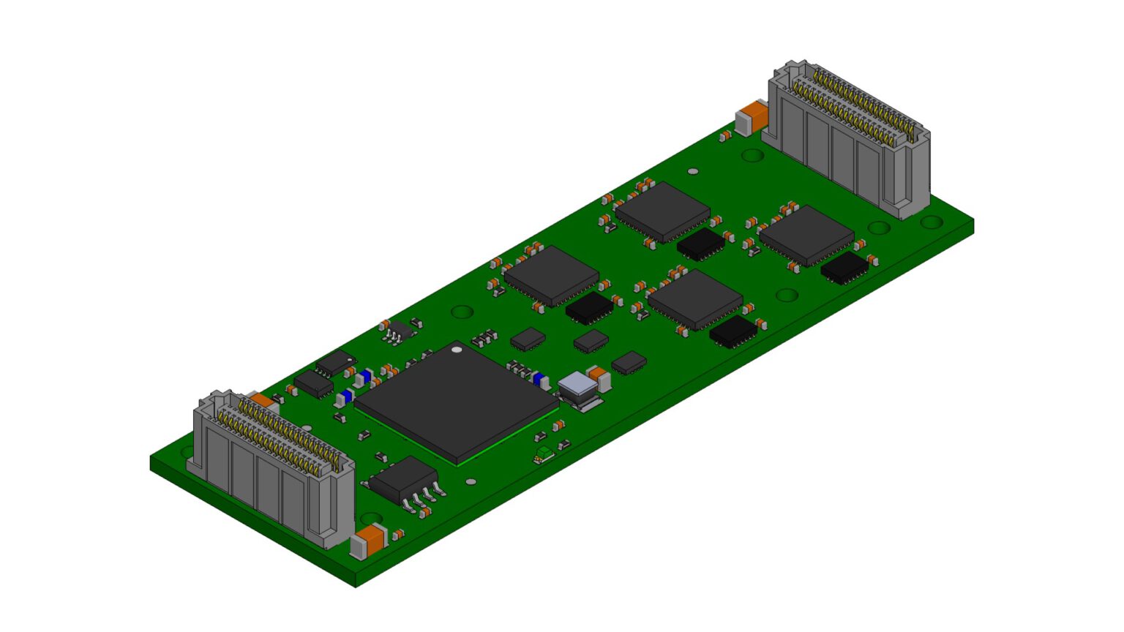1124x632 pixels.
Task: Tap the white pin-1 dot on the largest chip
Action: pos(457,350)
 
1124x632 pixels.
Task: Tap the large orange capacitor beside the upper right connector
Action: pos(753,118)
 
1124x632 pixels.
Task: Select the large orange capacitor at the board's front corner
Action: pos(370,541)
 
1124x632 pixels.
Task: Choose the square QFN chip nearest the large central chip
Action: pos(551,274)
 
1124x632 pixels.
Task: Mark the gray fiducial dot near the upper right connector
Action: pos(693,171)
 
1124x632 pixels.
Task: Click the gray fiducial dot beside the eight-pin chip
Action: pos(471,482)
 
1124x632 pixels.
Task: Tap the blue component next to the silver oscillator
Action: pos(540,380)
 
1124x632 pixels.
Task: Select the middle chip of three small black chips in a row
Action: pos(591,340)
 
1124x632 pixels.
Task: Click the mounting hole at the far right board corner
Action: pos(931,221)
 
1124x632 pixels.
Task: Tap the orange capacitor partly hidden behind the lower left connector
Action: pos(261,401)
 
